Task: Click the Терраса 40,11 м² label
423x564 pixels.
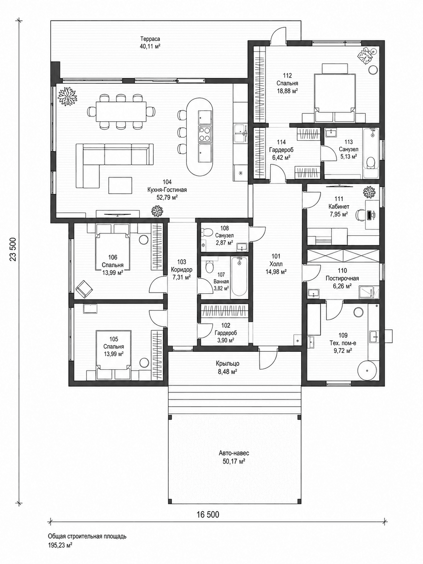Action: click(x=150, y=43)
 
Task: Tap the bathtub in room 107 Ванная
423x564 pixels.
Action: click(x=239, y=277)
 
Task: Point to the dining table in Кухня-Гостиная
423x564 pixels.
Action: click(x=121, y=111)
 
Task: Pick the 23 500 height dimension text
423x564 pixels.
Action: click(x=13, y=249)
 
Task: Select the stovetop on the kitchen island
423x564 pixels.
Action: click(x=205, y=134)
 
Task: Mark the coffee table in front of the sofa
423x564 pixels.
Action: click(x=120, y=185)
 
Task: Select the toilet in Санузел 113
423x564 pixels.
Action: click(x=370, y=164)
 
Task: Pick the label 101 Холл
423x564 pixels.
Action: click(x=276, y=260)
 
